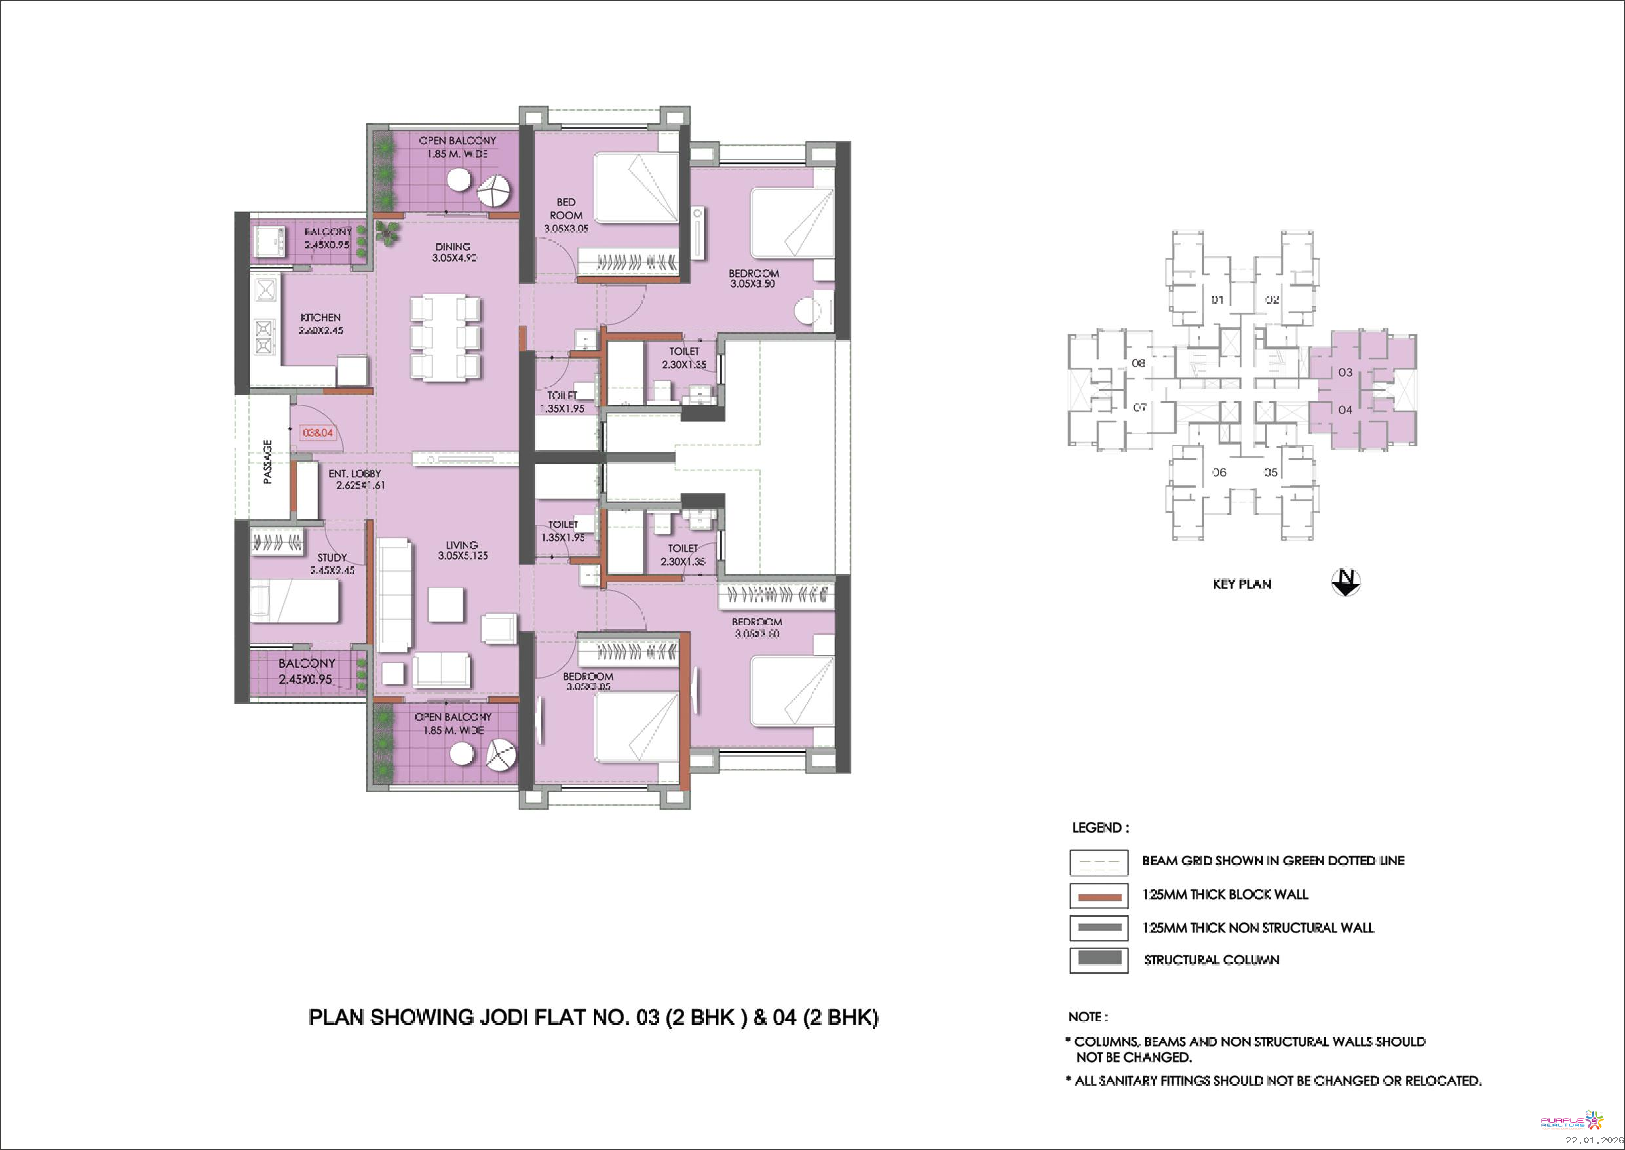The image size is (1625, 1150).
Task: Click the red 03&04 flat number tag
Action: pos(318,433)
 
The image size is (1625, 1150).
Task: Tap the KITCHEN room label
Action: pos(320,318)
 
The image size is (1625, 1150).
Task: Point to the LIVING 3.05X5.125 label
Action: pos(463,550)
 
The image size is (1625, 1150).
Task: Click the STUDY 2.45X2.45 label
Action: pos(332,564)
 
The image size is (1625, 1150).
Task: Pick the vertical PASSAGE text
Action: pos(267,462)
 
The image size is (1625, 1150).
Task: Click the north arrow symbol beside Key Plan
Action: pos(1345,583)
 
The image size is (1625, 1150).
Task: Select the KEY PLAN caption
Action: pos(1242,584)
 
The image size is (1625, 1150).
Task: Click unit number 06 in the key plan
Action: pos(1219,472)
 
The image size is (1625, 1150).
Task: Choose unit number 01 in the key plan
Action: pos(1217,300)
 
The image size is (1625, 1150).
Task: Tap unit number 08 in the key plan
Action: pos(1138,363)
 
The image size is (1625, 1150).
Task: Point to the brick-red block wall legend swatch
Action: pos(1098,896)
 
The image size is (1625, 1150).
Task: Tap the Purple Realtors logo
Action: pos(1573,1120)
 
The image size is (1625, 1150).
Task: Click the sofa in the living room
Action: pos(394,595)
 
